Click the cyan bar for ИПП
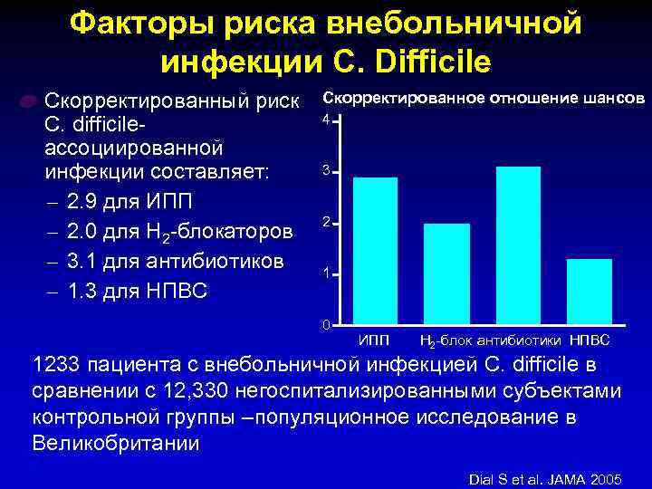pyautogui.click(x=374, y=250)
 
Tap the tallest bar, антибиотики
pyautogui.click(x=518, y=244)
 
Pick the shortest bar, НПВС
pyautogui.click(x=590, y=291)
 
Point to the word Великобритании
pyautogui.click(x=116, y=444)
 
